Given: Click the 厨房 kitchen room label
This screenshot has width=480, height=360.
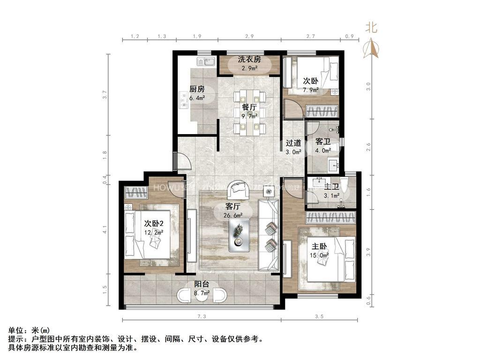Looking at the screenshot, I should [197, 89].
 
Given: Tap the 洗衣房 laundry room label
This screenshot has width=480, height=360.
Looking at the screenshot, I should [249, 60].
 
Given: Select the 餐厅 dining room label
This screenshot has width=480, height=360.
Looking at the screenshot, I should [249, 107].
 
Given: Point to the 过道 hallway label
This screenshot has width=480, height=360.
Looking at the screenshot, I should [293, 143].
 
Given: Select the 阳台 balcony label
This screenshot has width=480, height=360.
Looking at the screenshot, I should [202, 284].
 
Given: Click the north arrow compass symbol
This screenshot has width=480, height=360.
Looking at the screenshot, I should [371, 47].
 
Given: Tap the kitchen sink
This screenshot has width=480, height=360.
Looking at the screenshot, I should [206, 61].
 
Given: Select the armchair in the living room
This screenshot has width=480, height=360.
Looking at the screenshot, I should [239, 189].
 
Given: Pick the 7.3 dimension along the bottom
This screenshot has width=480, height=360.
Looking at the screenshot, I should [202, 317].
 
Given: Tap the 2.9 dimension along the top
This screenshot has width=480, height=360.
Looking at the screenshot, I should [249, 36].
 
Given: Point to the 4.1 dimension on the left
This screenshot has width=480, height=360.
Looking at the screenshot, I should [105, 230].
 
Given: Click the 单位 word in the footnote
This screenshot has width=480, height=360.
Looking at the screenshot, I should [15, 331].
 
